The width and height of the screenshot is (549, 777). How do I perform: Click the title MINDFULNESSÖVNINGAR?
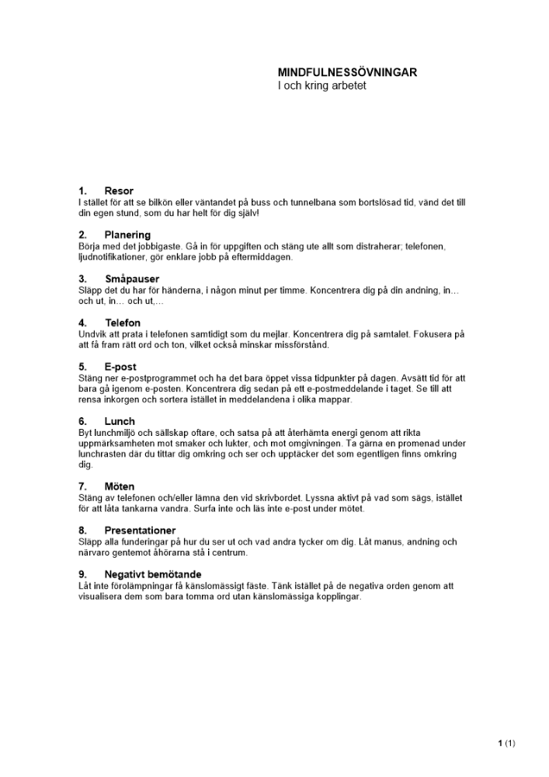(x=347, y=72)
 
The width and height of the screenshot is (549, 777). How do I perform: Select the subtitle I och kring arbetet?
(x=321, y=85)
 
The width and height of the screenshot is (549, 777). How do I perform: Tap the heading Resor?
(x=119, y=191)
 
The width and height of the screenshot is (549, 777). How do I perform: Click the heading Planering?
(x=127, y=235)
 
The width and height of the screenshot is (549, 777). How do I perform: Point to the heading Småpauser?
(x=132, y=278)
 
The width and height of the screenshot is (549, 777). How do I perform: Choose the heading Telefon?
(x=123, y=322)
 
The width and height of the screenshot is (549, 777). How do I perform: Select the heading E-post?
(x=120, y=366)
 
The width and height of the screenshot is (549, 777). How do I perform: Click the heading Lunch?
(x=120, y=421)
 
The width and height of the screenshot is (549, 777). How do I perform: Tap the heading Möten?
(x=120, y=486)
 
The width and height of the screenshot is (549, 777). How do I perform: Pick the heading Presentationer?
(x=140, y=530)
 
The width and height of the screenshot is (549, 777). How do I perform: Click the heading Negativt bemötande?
(x=152, y=574)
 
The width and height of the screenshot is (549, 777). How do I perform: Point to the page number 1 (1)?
(x=506, y=743)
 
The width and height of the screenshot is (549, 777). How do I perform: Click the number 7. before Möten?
(x=82, y=486)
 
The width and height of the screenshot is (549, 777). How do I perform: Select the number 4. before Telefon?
(x=82, y=322)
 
